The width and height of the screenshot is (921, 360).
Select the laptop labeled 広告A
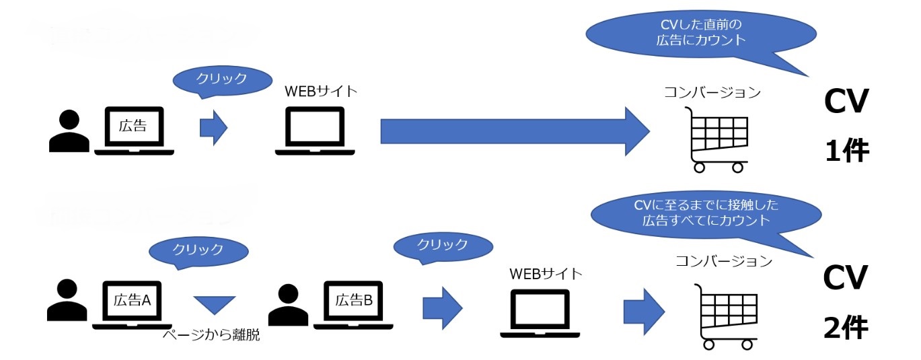pos(132,305)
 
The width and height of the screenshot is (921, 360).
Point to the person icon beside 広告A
pos(67,300)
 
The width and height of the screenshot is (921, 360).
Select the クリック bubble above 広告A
pos(198,250)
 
